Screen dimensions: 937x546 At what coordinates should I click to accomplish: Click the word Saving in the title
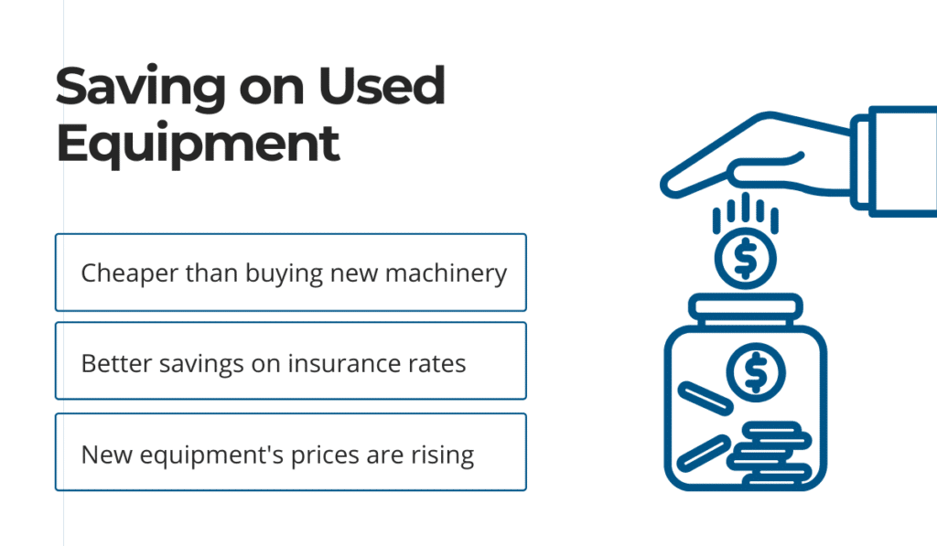(x=140, y=88)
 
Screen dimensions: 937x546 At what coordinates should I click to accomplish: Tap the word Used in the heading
(x=382, y=85)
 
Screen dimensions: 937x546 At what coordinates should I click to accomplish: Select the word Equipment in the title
(x=198, y=144)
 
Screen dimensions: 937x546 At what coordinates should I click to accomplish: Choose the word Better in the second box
(x=116, y=363)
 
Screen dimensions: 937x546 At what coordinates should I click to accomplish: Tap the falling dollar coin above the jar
(x=745, y=259)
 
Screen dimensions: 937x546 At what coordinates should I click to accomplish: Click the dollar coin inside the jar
(x=756, y=373)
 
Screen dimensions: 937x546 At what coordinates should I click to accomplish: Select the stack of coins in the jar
(x=770, y=453)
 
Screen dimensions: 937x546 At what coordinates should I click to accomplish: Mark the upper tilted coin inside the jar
(x=705, y=399)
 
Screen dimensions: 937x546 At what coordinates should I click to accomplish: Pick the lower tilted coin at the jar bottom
(x=704, y=454)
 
